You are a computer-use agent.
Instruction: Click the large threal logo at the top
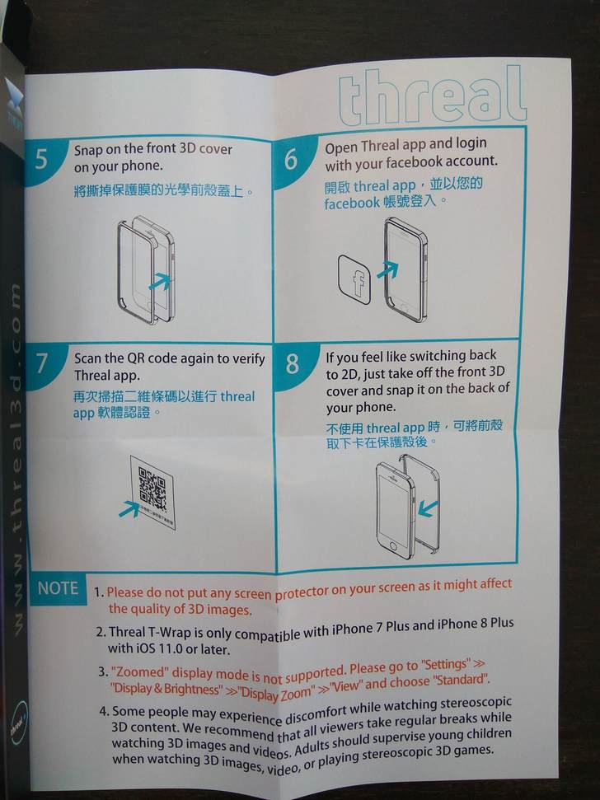pyautogui.click(x=431, y=97)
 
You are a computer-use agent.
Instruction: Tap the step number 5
pyautogui.click(x=41, y=159)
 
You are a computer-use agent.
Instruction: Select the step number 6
pyautogui.click(x=291, y=159)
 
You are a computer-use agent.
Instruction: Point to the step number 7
pyautogui.click(x=41, y=363)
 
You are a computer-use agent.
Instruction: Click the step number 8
pyautogui.click(x=292, y=364)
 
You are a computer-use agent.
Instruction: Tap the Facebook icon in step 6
pyautogui.click(x=354, y=280)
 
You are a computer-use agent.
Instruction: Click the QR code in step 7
pyautogui.click(x=152, y=489)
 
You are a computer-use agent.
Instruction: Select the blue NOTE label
pyautogui.click(x=58, y=588)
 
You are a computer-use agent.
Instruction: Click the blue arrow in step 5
pyautogui.click(x=160, y=281)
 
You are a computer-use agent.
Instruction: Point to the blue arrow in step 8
pyautogui.click(x=428, y=508)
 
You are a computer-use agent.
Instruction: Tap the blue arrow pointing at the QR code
pyautogui.click(x=129, y=508)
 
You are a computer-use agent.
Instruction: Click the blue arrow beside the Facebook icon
pyautogui.click(x=387, y=269)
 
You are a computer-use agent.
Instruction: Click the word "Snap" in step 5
pyautogui.click(x=87, y=151)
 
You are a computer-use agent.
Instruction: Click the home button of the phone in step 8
pyautogui.click(x=393, y=546)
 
